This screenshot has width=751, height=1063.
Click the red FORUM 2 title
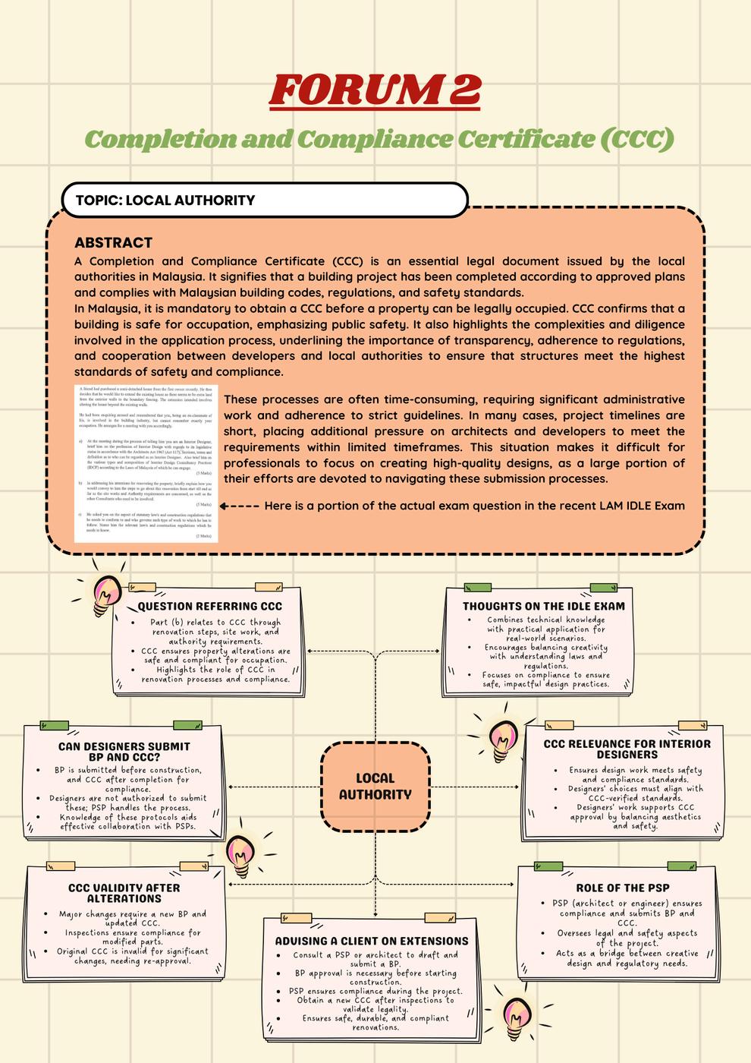point(375,90)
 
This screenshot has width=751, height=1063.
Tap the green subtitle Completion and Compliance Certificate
point(379,139)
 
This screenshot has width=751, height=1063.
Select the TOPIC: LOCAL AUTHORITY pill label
point(165,200)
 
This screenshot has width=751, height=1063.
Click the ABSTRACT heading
point(113,243)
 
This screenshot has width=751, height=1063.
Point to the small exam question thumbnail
point(146,463)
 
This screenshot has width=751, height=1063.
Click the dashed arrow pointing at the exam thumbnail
point(239,506)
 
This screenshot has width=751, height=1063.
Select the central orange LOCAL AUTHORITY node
point(375,786)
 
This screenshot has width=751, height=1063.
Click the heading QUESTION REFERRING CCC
point(209,607)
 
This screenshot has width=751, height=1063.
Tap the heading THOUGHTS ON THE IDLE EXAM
point(544,607)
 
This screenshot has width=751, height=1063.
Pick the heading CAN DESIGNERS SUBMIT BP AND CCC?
point(124,752)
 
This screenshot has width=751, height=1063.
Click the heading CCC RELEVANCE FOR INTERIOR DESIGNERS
point(627,749)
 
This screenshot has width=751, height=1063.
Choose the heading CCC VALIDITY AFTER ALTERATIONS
point(124,893)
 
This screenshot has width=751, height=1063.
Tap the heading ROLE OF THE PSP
point(622,888)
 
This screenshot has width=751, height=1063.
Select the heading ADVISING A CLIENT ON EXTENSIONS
point(372,941)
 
